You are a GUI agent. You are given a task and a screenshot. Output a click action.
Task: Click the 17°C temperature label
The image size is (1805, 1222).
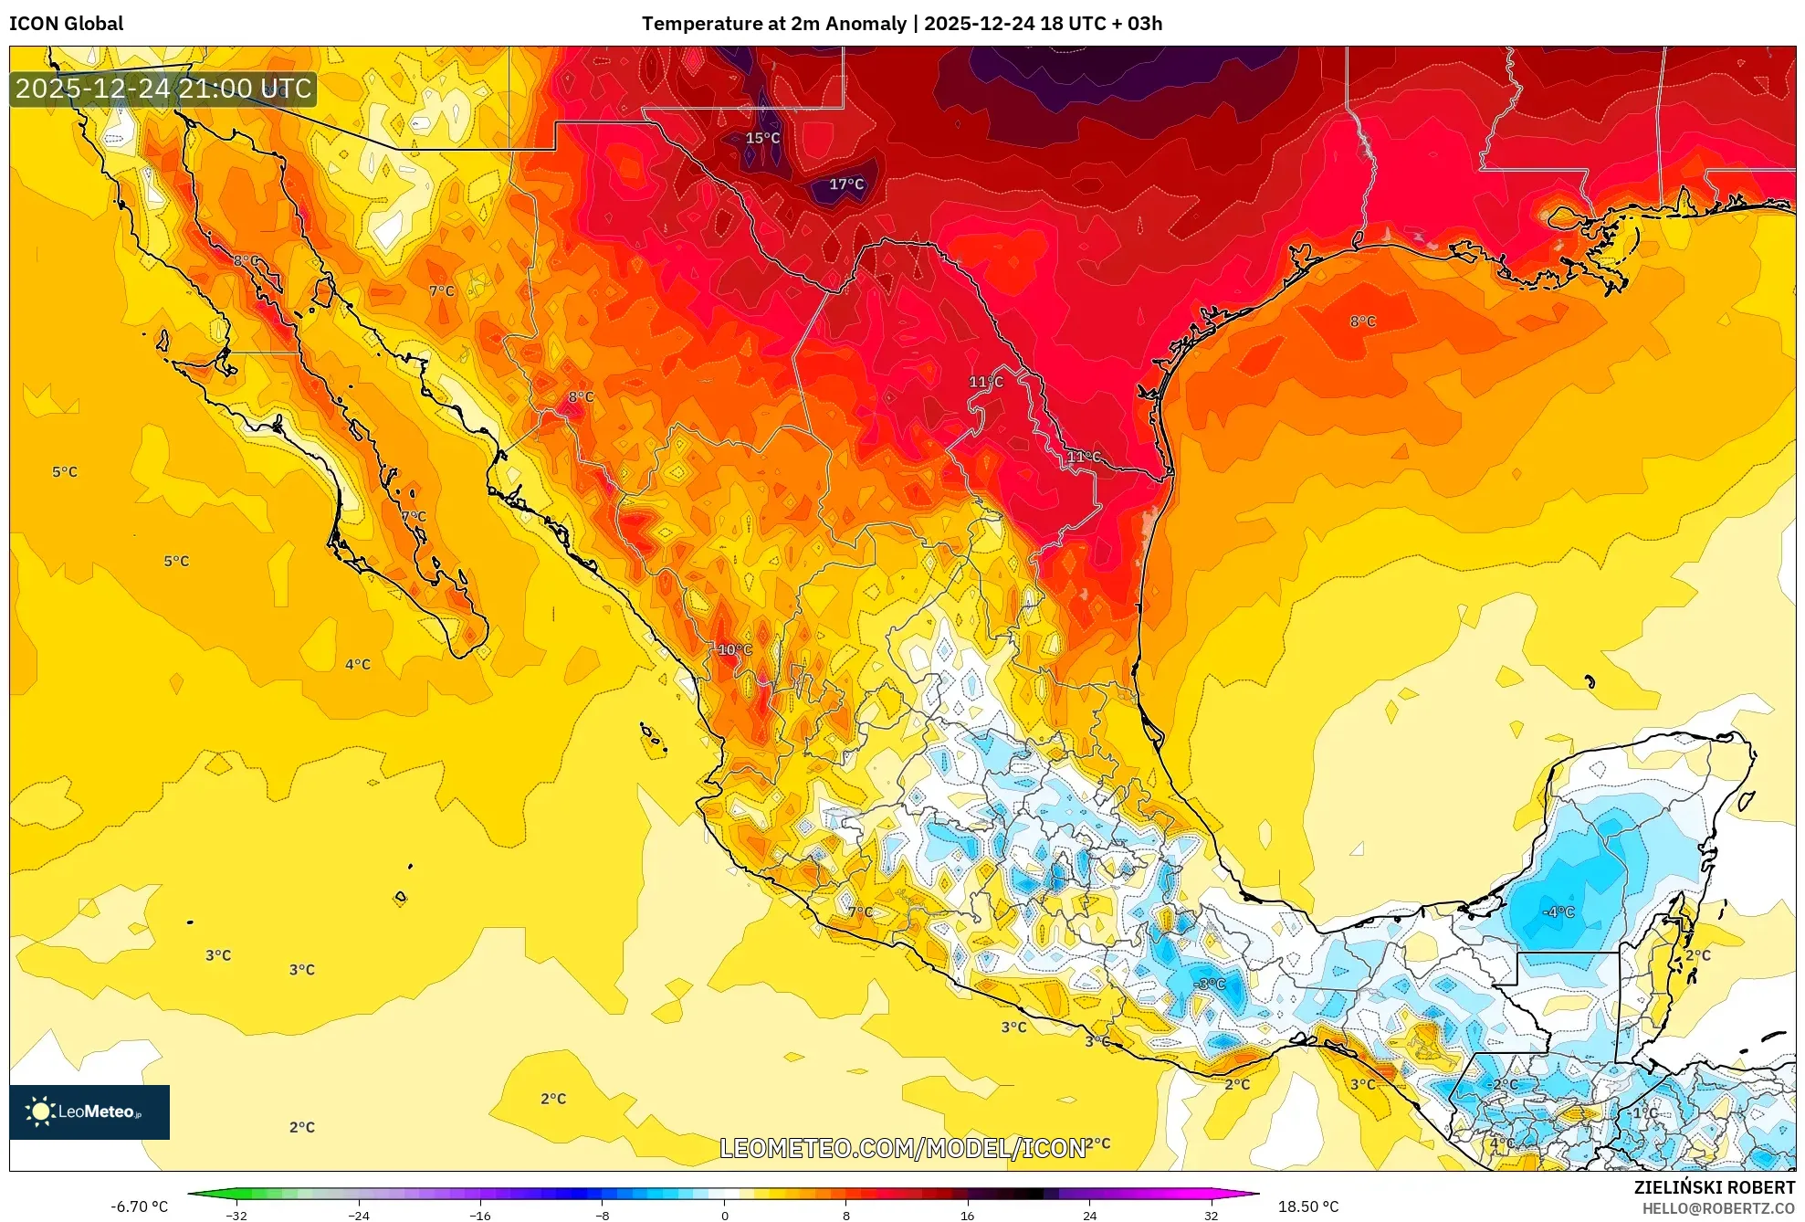(845, 184)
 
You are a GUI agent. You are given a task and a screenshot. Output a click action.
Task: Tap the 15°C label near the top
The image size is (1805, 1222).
(762, 138)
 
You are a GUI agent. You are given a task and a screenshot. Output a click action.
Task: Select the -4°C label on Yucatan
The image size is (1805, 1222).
(1558, 911)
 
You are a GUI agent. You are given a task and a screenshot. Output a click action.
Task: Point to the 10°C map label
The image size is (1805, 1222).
(734, 649)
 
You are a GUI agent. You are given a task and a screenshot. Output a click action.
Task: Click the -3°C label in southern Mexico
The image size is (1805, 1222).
(1210, 984)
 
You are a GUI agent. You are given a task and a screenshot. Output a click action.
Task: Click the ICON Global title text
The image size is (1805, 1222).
(66, 24)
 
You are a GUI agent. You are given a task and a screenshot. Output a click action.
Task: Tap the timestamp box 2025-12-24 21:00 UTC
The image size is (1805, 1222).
(163, 89)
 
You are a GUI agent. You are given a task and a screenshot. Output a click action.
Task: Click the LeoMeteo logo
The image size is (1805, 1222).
(89, 1111)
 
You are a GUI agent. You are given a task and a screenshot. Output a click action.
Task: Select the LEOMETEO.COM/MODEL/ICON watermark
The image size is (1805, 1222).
(902, 1148)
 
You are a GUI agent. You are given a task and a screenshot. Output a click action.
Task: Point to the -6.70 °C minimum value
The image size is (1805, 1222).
(139, 1206)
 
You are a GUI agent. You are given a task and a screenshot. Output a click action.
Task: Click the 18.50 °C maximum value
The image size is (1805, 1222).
(1307, 1206)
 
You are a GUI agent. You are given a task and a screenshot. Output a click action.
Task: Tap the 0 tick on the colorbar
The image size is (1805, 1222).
(724, 1216)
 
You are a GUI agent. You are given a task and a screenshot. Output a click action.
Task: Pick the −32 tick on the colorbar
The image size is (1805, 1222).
(236, 1216)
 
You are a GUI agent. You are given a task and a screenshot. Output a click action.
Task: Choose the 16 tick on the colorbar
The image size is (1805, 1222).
(967, 1216)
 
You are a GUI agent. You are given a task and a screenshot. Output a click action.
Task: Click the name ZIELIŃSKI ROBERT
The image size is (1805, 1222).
(1714, 1187)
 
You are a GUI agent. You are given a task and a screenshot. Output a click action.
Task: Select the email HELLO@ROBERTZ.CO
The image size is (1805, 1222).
(1718, 1208)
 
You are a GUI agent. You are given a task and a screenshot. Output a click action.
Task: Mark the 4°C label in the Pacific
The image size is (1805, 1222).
(357, 664)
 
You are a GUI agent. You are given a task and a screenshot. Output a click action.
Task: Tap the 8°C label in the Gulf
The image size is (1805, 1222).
(1362, 321)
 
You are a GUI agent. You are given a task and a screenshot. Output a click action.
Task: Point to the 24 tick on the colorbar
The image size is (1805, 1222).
(1089, 1216)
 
